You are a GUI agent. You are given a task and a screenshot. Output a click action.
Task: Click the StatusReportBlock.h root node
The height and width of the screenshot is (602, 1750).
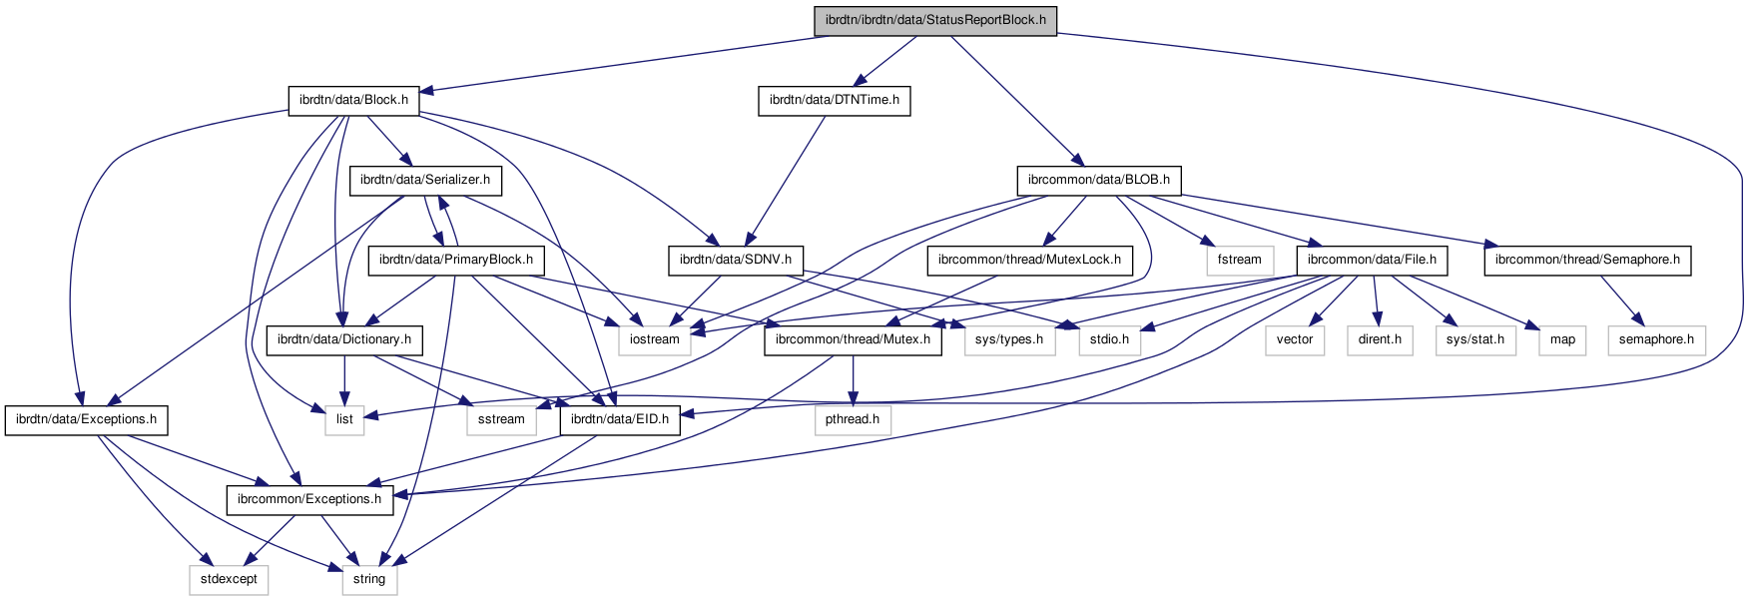935,20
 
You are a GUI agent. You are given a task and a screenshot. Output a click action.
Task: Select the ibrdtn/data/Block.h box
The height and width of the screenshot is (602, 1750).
353,100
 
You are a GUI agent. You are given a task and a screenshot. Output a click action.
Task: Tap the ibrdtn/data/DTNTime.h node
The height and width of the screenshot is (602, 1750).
834,100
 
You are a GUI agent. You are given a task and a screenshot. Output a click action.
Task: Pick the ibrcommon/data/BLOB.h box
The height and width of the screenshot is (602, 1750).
1098,180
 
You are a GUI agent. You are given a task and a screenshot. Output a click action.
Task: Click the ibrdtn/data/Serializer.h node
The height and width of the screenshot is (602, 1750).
425,180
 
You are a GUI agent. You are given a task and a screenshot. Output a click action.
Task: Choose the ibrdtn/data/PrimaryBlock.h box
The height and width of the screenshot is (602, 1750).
456,260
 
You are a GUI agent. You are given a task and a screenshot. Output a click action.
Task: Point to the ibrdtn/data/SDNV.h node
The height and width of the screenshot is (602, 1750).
736,260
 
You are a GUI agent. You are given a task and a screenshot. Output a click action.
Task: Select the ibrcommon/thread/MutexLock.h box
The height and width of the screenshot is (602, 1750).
1030,260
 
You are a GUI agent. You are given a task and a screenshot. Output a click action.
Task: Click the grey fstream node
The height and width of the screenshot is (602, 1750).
1240,260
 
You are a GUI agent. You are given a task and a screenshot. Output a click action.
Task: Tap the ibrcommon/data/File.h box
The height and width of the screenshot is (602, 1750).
1372,260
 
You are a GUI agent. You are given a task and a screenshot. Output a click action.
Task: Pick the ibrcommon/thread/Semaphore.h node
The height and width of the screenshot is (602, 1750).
1587,260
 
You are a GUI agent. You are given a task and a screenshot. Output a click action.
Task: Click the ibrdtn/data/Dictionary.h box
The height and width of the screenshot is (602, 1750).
344,339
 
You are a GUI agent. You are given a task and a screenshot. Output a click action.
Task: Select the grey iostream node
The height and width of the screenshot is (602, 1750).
655,339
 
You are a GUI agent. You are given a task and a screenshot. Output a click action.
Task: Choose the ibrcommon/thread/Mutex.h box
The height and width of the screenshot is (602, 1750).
853,339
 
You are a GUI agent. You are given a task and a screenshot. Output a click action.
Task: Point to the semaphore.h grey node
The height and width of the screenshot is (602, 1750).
1656,339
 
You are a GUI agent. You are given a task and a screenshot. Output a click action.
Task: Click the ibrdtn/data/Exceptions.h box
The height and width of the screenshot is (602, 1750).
86,419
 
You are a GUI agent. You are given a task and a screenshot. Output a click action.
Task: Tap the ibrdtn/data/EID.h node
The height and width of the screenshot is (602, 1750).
620,419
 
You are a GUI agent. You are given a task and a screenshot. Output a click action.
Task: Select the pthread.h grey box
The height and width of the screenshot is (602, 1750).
853,419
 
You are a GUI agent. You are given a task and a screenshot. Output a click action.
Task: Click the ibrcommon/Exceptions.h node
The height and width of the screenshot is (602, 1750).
309,499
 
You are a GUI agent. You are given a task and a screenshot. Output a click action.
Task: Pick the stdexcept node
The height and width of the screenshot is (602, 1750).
229,579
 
